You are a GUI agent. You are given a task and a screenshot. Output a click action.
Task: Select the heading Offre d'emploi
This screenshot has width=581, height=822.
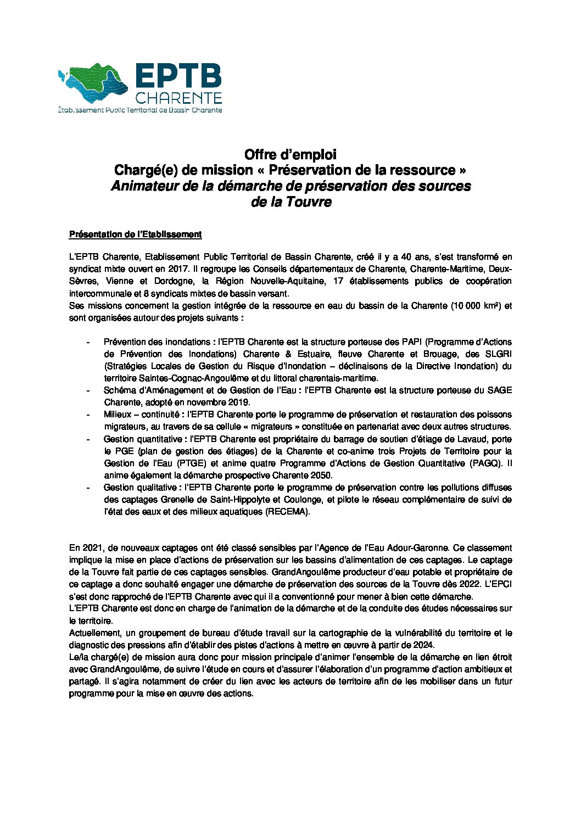coord(290,154)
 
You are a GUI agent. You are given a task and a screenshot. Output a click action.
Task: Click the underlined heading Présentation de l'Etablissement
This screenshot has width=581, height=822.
coord(135,234)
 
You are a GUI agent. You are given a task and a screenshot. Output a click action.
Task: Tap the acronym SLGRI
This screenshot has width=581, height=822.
coord(498,354)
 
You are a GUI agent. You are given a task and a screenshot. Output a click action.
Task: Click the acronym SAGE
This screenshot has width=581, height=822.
coord(499,390)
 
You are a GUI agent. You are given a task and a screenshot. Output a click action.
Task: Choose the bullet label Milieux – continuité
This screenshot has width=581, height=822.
coord(142,415)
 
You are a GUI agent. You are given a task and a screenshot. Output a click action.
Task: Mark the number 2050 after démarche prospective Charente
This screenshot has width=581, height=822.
coord(321,475)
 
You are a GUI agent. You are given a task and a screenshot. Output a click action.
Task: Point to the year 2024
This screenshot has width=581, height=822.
coord(424,645)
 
